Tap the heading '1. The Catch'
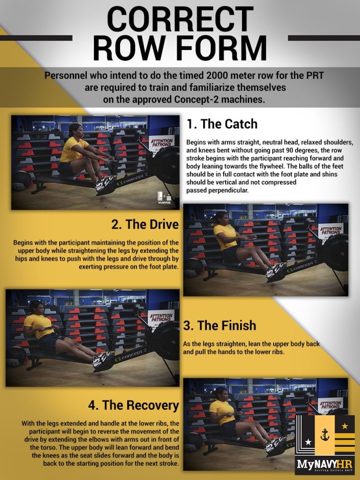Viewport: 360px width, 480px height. point(222,124)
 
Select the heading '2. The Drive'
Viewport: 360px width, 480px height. point(145,225)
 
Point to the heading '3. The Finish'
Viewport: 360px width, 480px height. point(220,325)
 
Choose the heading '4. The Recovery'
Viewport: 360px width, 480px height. point(133,405)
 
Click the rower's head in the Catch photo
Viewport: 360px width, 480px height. point(75,130)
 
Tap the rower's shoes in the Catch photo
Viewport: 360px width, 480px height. point(106,182)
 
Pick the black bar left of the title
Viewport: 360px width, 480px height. point(36,38)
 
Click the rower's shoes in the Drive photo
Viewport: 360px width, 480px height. point(276,271)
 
